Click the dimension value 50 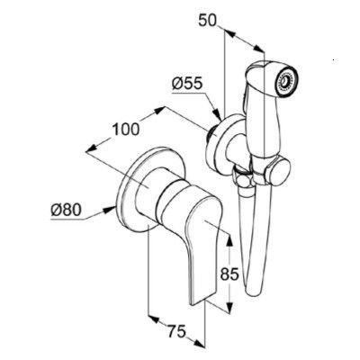(207, 21)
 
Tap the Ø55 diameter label (187, 84)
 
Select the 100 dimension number (126, 130)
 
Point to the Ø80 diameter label (66, 210)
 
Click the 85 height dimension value (229, 274)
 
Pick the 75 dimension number (177, 332)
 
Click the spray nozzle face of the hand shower (286, 80)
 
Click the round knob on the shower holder (279, 172)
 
